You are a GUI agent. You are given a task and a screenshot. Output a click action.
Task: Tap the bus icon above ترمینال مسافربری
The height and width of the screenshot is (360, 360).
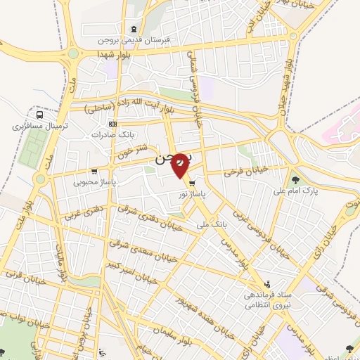39,115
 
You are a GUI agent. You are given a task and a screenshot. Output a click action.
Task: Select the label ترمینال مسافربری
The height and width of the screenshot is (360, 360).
35,127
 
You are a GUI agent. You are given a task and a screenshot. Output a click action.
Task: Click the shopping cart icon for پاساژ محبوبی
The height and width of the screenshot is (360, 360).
94,171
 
